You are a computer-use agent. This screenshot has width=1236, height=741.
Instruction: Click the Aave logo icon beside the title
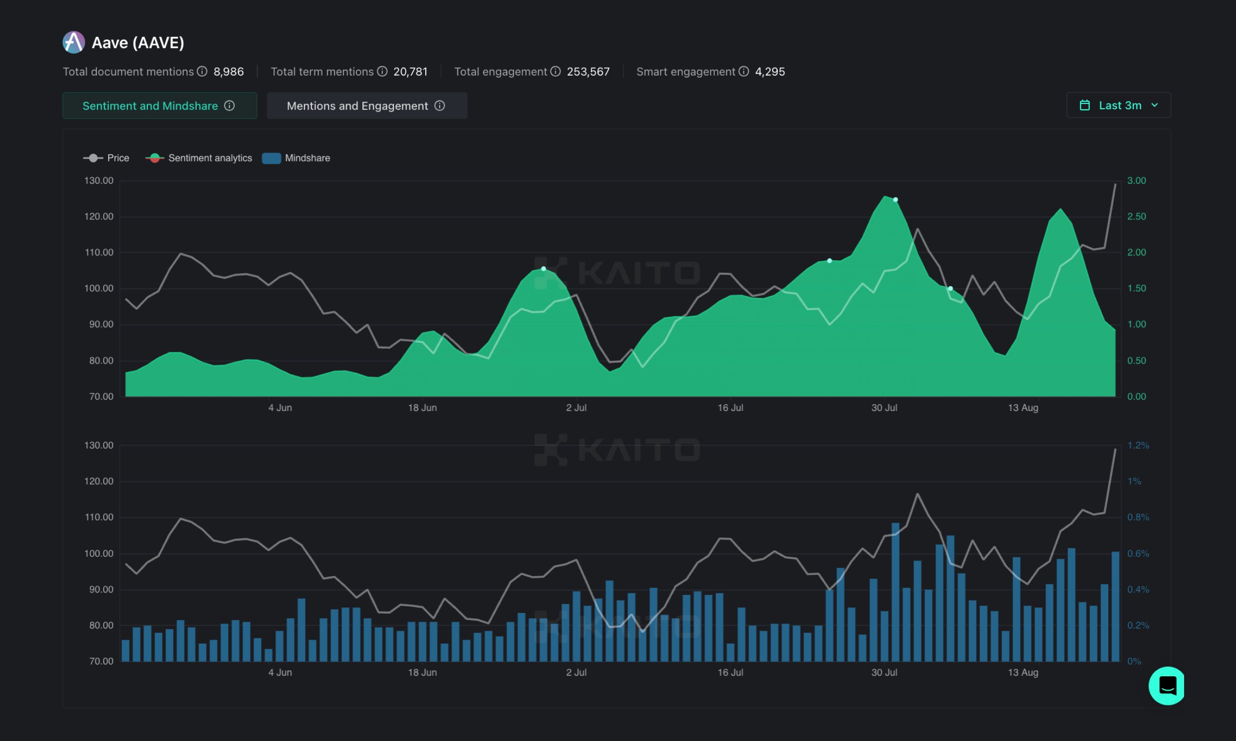coord(74,42)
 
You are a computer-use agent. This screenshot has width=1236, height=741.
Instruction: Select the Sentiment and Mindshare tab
coord(159,106)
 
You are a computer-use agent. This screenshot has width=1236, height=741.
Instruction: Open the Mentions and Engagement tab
coord(367,106)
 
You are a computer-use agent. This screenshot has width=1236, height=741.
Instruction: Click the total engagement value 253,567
coord(588,72)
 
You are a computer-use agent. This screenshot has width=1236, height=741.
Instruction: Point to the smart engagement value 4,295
coord(769,72)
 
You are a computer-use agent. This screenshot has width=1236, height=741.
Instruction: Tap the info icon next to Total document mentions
coord(202,72)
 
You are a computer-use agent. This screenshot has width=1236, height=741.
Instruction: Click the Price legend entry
coord(106,158)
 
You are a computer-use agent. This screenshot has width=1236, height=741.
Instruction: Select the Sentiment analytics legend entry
coord(199,158)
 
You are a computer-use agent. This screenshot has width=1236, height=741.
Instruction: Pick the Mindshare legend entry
coord(296,158)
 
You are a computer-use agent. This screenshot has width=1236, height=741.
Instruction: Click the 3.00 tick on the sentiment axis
coord(1136,181)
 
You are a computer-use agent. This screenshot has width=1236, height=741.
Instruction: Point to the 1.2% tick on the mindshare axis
coord(1138,446)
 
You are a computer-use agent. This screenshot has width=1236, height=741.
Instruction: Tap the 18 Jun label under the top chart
coord(422,408)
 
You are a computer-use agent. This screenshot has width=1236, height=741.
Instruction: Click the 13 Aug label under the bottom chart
coord(1023,673)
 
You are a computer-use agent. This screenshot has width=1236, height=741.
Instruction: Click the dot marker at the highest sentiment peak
coord(895,200)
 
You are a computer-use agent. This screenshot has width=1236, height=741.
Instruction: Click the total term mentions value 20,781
coord(410,72)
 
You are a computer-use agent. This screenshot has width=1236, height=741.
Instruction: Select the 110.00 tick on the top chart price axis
coord(99,252)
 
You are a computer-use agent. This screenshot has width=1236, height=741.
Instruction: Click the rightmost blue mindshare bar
coord(1115,607)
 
